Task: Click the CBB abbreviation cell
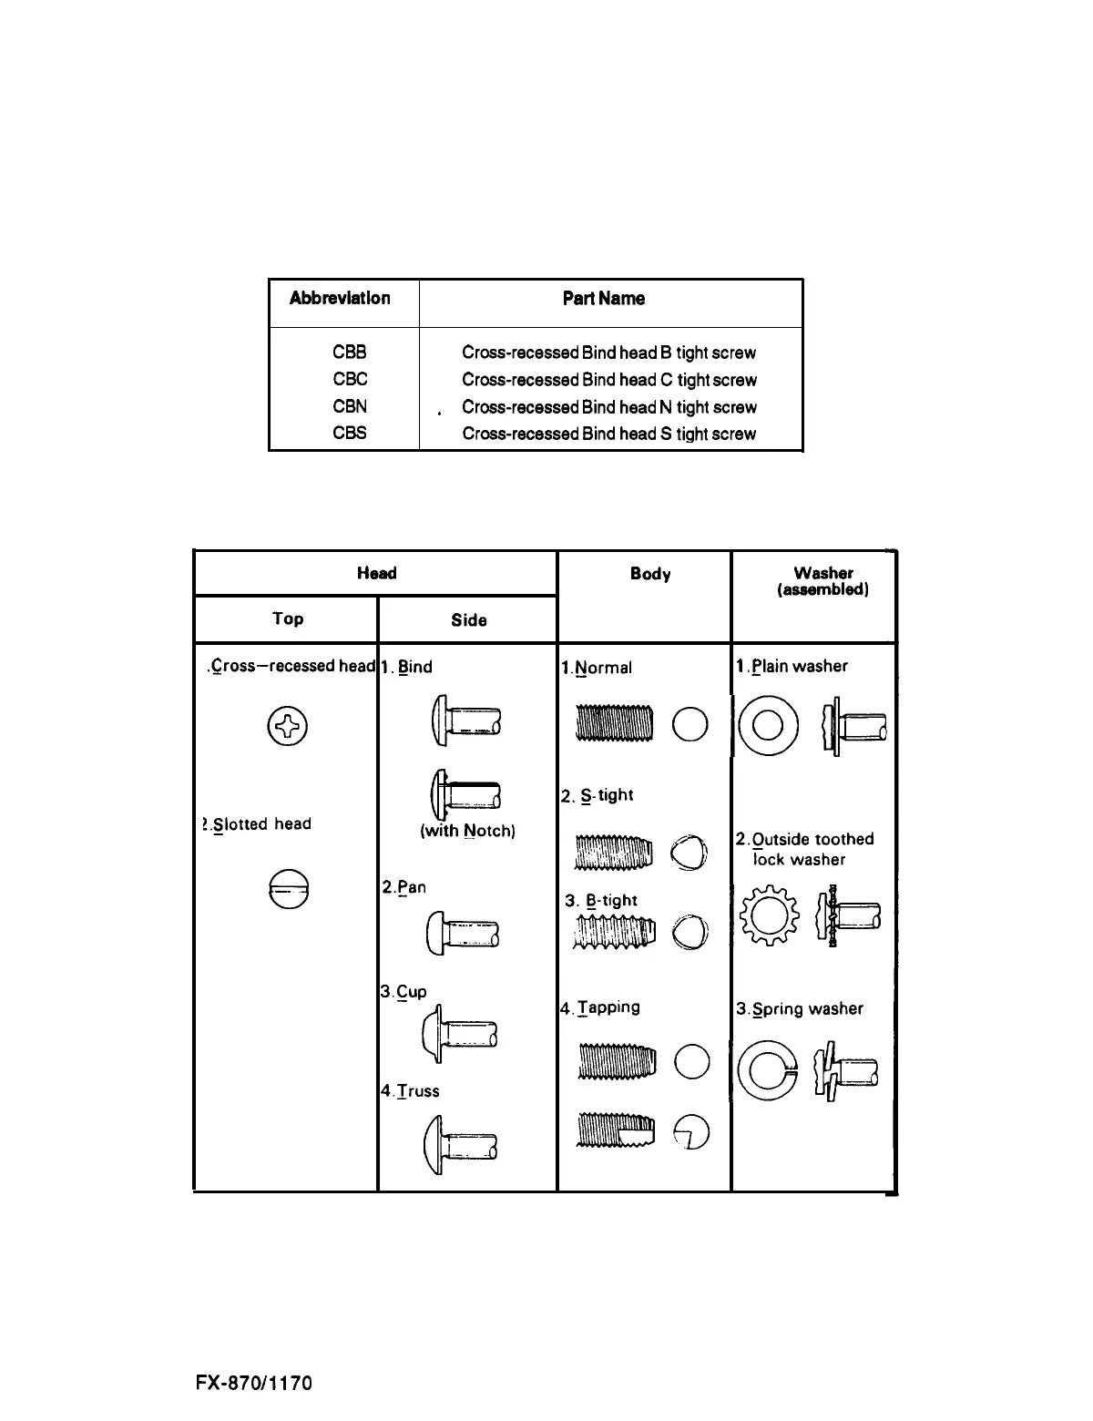pos(350,353)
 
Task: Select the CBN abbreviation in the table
pos(350,406)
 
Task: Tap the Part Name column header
pos(604,299)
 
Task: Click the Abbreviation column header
pos(340,298)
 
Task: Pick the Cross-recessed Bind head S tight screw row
pos(608,434)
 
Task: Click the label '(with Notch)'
pos(468,831)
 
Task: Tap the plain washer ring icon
pos(768,727)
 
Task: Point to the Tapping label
pos(605,1007)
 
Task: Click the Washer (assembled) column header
pos(822,581)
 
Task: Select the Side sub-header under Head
pos(468,620)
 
